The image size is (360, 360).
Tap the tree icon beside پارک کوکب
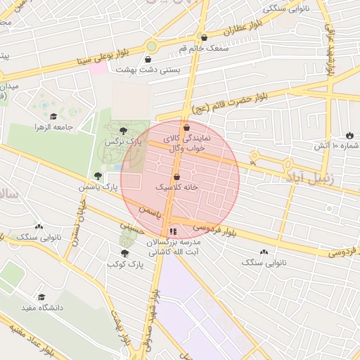(125, 254)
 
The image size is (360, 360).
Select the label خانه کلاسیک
(176, 188)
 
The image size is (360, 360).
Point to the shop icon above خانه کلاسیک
(176, 176)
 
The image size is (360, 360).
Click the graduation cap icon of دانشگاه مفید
(41, 297)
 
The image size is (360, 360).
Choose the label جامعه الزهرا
(53, 127)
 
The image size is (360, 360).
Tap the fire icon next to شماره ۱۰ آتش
(349, 134)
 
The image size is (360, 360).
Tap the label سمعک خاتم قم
(183, 48)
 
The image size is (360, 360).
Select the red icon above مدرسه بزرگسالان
(173, 231)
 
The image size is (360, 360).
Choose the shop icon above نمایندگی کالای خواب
(186, 128)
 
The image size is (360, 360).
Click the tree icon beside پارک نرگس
(124, 131)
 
